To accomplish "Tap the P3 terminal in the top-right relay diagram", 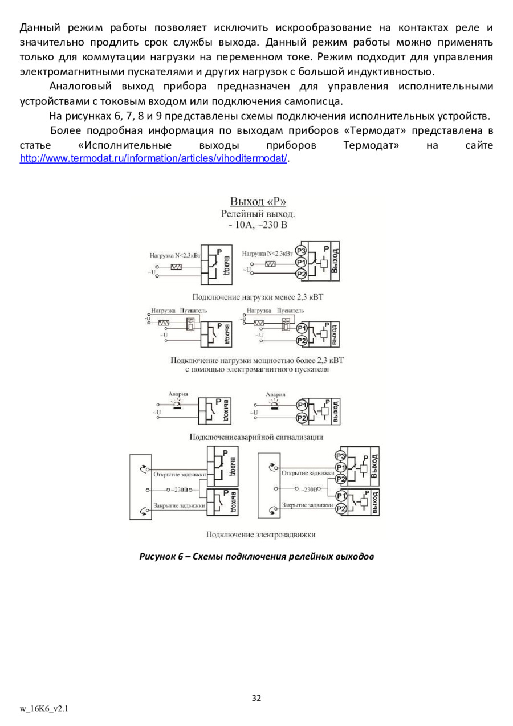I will (302, 251).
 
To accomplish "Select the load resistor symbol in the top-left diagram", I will (176, 267).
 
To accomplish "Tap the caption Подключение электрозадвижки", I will (260, 534).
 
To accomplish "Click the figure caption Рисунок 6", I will (256, 556).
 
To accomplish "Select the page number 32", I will (256, 698).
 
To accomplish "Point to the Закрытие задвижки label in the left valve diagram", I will (179, 505).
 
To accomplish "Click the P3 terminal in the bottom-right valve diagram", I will (340, 455).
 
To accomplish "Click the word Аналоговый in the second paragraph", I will (82, 87).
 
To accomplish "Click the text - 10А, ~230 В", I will (258, 225).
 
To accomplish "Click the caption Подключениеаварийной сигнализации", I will (256, 437).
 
